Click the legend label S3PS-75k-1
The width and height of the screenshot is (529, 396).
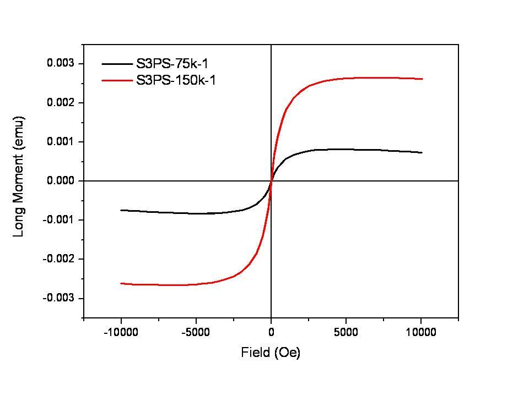tap(172, 64)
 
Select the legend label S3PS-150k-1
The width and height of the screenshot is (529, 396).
tap(176, 80)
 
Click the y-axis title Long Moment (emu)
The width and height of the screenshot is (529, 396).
tap(19, 176)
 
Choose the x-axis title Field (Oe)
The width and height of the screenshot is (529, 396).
tap(271, 353)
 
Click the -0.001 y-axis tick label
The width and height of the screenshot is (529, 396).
tap(58, 220)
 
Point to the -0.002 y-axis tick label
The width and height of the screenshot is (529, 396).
tap(58, 259)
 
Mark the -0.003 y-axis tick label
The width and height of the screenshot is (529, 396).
tap(58, 298)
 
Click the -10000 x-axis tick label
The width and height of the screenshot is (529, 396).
tap(121, 332)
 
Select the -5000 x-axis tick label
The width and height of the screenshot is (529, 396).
tap(196, 332)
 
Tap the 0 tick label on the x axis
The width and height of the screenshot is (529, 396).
tap(271, 332)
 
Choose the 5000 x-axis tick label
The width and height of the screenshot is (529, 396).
tap(346, 332)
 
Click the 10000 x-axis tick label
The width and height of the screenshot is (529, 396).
tap(422, 332)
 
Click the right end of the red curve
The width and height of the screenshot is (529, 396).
tap(422, 79)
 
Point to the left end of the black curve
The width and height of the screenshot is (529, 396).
tap(121, 210)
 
